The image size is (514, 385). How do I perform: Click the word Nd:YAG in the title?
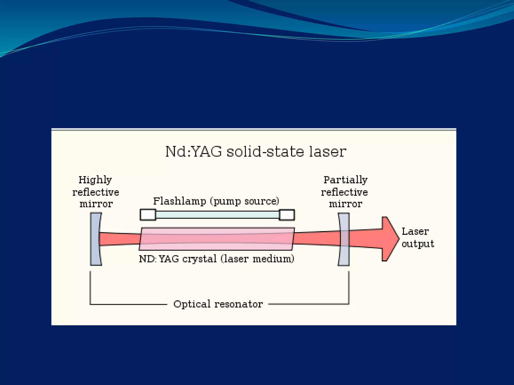(x=194, y=152)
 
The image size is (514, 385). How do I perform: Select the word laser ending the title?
(x=328, y=152)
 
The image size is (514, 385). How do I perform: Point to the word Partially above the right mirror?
(x=345, y=180)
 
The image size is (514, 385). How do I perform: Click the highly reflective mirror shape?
(x=96, y=239)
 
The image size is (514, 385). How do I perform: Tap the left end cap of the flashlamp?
(x=148, y=215)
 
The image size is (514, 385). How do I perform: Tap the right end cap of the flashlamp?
(x=287, y=215)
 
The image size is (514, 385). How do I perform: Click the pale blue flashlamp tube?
(x=217, y=215)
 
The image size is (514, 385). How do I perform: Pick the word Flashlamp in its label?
(x=179, y=201)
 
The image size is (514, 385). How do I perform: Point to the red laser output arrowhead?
(x=389, y=239)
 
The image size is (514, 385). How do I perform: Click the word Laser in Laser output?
(x=415, y=232)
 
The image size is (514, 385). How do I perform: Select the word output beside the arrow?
(x=418, y=244)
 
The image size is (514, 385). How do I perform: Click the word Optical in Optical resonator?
(x=192, y=304)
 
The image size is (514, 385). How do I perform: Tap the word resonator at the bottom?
(x=239, y=304)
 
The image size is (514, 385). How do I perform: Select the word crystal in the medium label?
(x=199, y=259)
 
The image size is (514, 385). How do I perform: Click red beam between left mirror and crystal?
(x=120, y=239)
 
